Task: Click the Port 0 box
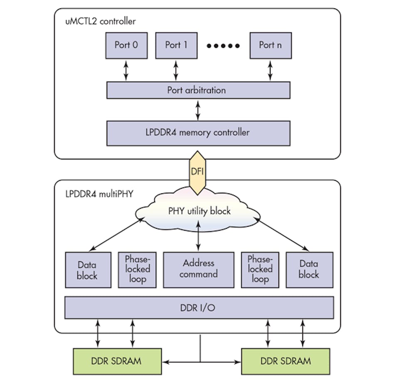point(126,45)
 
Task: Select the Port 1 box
point(176,45)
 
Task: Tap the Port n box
point(270,45)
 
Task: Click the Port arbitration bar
point(198,90)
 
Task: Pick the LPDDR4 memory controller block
point(198,133)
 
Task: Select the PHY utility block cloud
point(199,211)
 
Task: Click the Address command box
point(198,269)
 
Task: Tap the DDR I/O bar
point(199,308)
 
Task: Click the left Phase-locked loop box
point(137,269)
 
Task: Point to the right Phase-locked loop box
point(260,269)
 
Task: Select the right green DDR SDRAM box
point(285,360)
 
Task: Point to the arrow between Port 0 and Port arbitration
point(126,70)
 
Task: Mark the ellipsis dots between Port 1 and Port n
point(223,45)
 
